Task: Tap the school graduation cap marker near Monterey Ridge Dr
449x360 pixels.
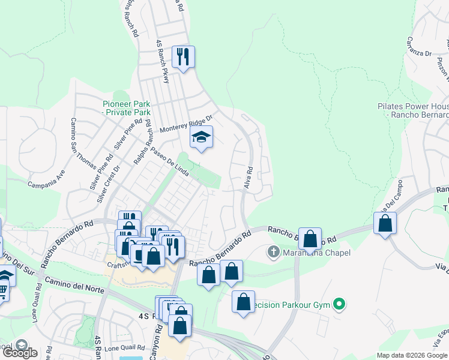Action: pyautogui.click(x=201, y=139)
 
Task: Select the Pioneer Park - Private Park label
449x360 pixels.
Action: pyautogui.click(x=125, y=107)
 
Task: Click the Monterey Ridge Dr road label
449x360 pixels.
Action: pyautogui.click(x=187, y=124)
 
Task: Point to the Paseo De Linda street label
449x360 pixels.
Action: pyautogui.click(x=170, y=161)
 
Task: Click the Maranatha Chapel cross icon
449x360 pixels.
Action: pyautogui.click(x=274, y=252)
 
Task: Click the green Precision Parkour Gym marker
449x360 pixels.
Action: pyautogui.click(x=340, y=305)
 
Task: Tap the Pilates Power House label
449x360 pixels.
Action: pyautogui.click(x=413, y=110)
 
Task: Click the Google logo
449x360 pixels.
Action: pyautogui.click(x=20, y=352)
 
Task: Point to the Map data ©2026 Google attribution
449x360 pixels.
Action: pyautogui.click(x=412, y=355)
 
